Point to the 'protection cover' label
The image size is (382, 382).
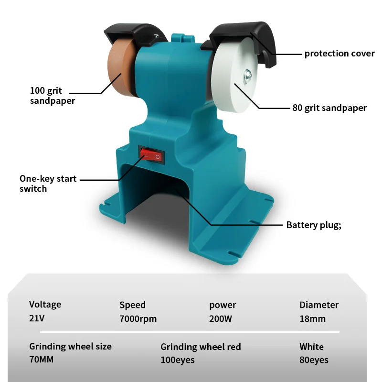(x=340, y=54)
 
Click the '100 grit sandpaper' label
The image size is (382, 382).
(x=53, y=96)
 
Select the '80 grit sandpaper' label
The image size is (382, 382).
(x=329, y=108)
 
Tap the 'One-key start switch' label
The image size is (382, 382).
(x=48, y=184)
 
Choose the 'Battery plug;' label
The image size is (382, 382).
(x=314, y=225)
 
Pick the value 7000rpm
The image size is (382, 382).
(x=138, y=318)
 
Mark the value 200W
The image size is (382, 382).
(x=220, y=318)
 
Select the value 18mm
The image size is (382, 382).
(x=312, y=318)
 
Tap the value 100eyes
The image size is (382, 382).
(x=178, y=360)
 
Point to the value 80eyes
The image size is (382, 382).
(x=314, y=360)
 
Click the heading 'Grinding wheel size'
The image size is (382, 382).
(x=70, y=347)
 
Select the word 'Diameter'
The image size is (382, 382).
(x=319, y=305)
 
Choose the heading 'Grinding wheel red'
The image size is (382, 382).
(x=201, y=347)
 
